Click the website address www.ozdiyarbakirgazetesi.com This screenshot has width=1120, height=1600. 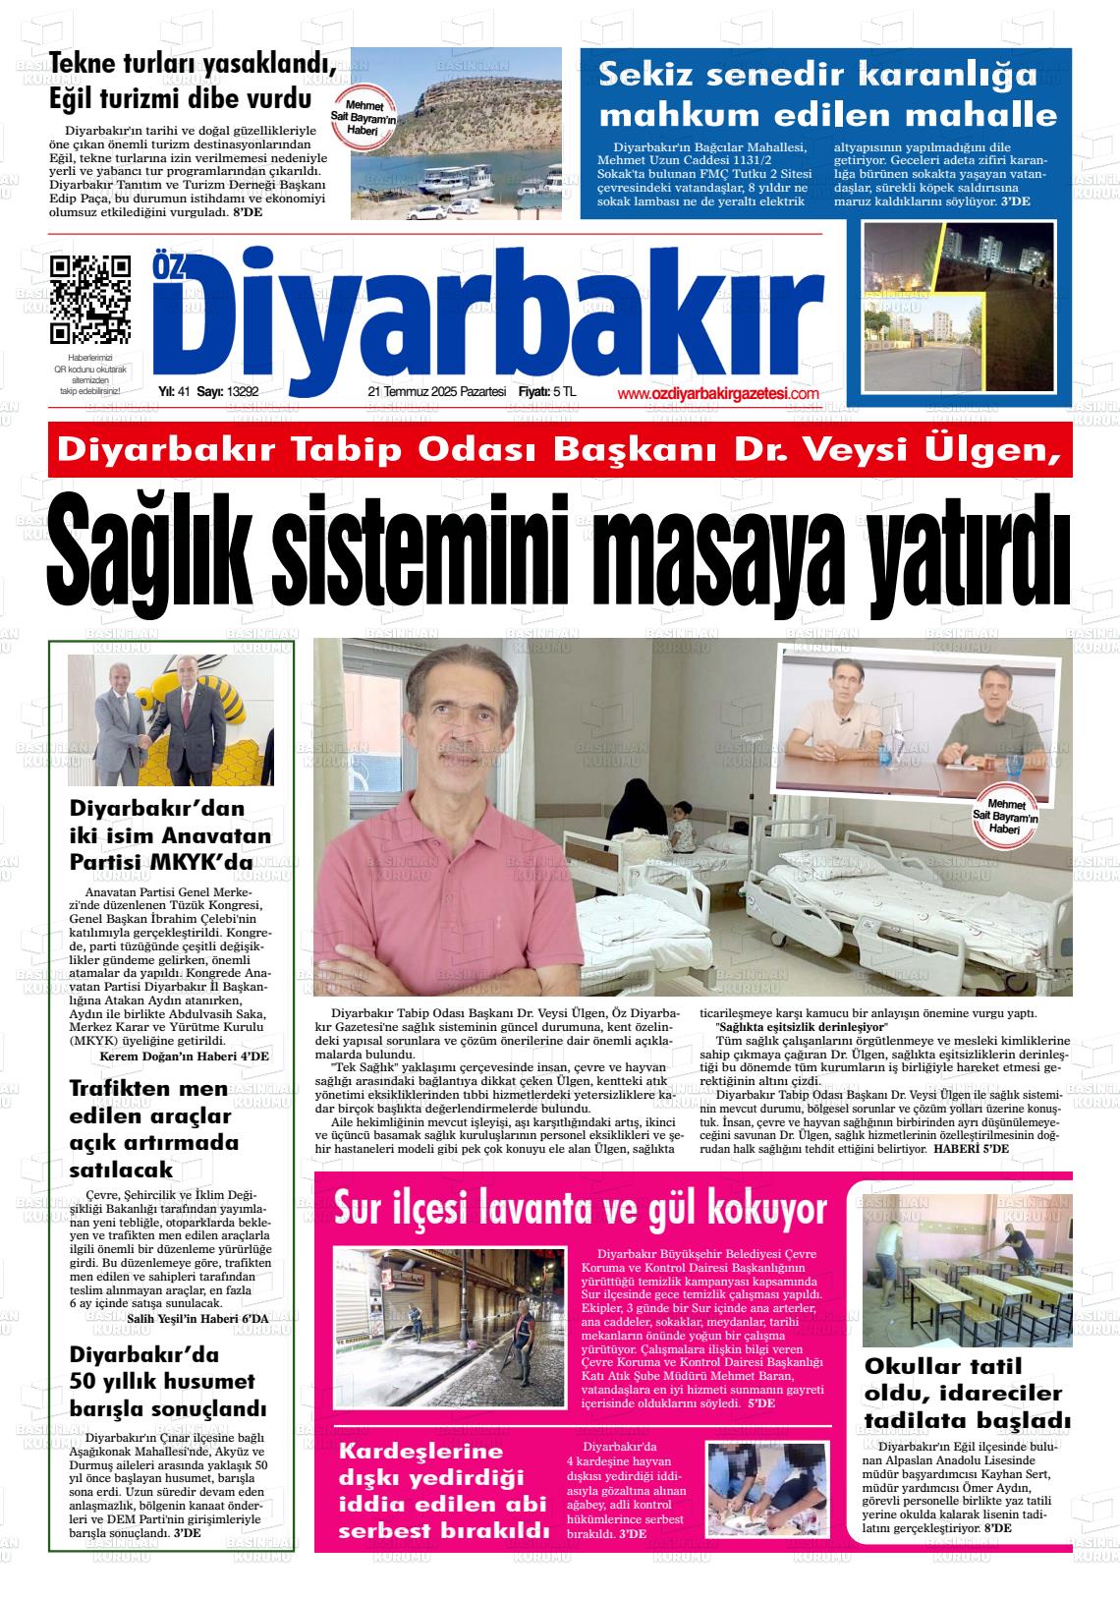click(x=718, y=393)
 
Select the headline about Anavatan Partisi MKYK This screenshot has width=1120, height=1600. click(x=170, y=835)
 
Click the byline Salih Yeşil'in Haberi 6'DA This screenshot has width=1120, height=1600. click(x=197, y=1318)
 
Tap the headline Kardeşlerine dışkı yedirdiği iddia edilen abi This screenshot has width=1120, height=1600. click(x=443, y=1491)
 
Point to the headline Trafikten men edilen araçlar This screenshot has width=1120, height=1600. click(x=155, y=1129)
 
